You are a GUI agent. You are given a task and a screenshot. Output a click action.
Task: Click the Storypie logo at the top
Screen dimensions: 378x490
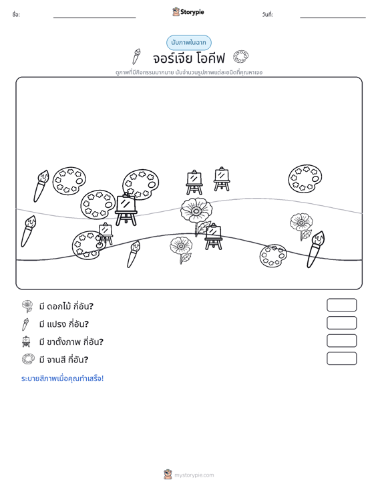[x=188, y=12]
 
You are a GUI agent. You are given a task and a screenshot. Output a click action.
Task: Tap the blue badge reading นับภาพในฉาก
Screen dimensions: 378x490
[x=188, y=43]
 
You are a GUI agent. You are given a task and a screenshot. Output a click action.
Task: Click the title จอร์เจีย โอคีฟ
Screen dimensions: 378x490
[x=189, y=58]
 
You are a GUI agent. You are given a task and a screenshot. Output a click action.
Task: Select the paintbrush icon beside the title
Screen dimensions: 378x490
[x=136, y=57]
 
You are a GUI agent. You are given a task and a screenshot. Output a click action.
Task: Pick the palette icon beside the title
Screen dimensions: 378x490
[x=240, y=57]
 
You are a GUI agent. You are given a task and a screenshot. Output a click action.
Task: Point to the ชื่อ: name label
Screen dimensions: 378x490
[x=16, y=15]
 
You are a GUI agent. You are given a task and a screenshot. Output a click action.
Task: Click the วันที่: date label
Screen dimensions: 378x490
[x=268, y=15]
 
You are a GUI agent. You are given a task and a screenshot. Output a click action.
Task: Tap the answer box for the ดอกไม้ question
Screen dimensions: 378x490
[x=341, y=305]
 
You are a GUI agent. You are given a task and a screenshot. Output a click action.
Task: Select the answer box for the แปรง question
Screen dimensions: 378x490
[x=341, y=323]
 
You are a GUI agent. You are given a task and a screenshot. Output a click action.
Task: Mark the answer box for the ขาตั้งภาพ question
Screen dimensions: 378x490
[x=341, y=341]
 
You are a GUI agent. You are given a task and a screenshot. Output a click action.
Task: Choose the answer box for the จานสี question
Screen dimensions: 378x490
[x=341, y=358]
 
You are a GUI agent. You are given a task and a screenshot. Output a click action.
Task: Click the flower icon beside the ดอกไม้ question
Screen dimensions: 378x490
[x=27, y=306]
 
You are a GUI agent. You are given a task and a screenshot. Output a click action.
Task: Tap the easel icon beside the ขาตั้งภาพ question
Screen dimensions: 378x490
[x=26, y=341]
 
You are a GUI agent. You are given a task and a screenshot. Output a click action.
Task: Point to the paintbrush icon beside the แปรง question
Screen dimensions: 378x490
[x=25, y=324]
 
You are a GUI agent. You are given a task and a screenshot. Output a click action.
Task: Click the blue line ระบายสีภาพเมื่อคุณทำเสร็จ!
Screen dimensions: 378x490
[x=62, y=378]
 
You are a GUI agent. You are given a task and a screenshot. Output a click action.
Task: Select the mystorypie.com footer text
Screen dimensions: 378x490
[x=194, y=475]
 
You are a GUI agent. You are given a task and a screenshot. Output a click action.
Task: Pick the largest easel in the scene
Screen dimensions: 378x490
[x=126, y=209]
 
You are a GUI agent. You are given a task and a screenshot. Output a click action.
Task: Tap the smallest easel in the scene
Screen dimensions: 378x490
[x=106, y=233]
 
